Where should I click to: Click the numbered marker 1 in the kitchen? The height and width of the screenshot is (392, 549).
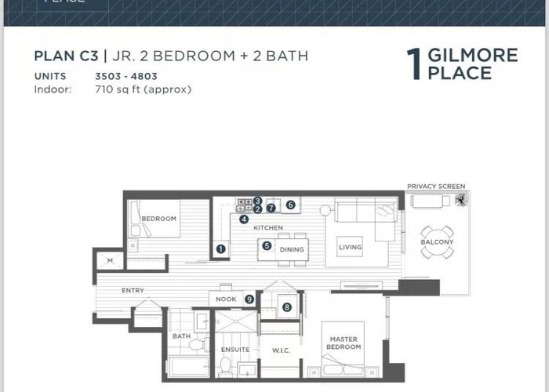[x=220, y=249]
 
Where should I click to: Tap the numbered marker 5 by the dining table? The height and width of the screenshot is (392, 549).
[x=267, y=245]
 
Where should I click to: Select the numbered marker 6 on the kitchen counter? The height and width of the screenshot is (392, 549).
[x=290, y=205]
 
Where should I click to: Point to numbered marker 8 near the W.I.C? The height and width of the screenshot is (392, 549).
[x=287, y=307]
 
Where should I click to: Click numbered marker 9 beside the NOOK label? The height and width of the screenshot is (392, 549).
[x=249, y=299]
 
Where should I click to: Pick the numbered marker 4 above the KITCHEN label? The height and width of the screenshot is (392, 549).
[x=244, y=220]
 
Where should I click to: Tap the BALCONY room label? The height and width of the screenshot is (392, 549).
[x=437, y=241]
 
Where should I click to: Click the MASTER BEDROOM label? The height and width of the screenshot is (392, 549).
[x=344, y=343]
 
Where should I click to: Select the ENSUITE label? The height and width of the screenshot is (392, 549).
[x=235, y=350]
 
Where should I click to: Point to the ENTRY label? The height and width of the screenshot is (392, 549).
[x=133, y=291]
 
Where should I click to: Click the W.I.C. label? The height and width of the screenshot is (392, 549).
[x=281, y=350]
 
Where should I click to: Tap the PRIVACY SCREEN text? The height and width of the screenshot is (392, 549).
[x=436, y=187]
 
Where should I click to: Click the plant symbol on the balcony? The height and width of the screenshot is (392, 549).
[x=461, y=200]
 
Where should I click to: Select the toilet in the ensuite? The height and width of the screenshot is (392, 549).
[x=226, y=365]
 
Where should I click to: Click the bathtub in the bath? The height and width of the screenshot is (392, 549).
[x=189, y=367]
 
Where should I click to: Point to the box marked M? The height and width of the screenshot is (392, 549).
[x=110, y=261]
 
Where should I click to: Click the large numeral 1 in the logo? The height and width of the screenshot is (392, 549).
[x=414, y=64]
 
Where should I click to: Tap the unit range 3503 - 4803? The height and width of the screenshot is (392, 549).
[x=126, y=76]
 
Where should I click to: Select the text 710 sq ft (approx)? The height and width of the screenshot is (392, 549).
[x=144, y=89]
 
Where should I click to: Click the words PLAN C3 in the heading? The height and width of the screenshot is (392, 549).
[x=66, y=56]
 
